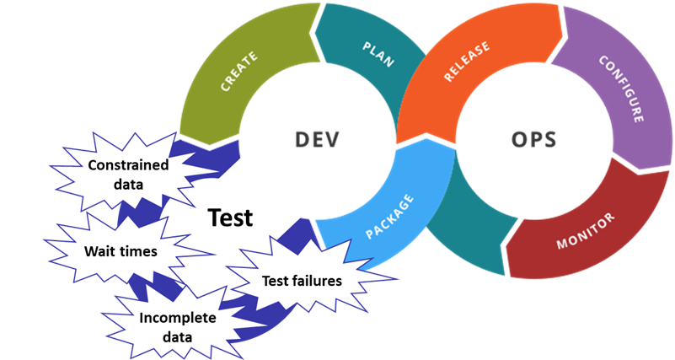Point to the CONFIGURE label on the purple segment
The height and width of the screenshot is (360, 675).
621,89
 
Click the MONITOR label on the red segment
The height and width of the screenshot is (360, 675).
586,231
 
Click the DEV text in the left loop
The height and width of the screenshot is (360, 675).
318,139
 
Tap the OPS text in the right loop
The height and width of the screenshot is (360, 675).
533,139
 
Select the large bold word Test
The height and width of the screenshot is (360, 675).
230,218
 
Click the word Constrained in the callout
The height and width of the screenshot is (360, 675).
128,164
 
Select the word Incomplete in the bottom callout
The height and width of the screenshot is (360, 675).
178,318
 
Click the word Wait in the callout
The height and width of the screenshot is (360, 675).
99,251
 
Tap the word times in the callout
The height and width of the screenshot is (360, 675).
137,251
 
